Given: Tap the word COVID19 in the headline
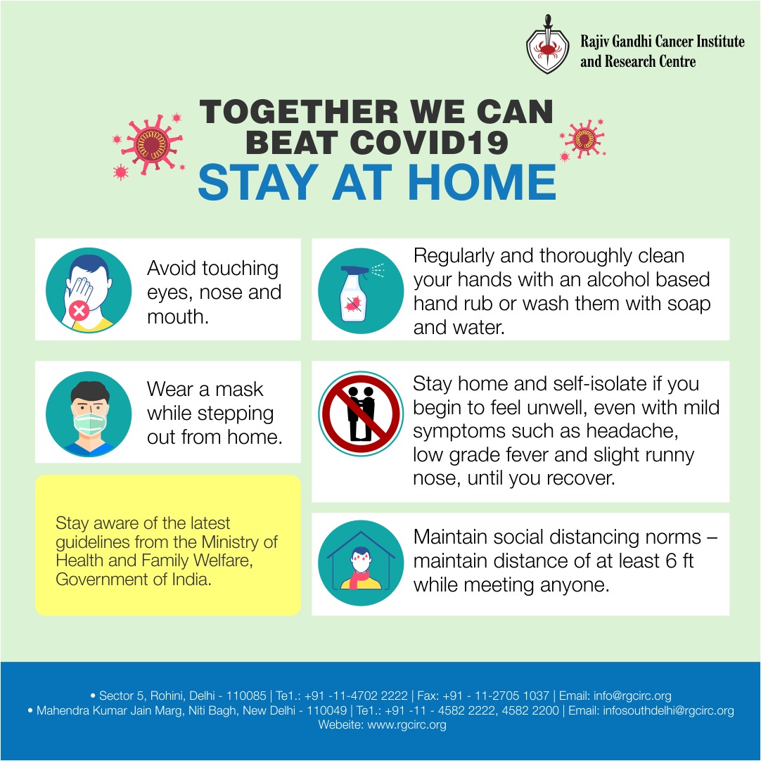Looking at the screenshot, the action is (x=428, y=143).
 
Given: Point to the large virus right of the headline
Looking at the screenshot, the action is (x=584, y=139).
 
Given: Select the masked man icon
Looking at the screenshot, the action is (x=89, y=414).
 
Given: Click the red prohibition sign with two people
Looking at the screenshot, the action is (x=361, y=414).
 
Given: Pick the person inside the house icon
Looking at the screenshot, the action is (x=361, y=568).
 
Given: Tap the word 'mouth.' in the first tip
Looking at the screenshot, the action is (x=178, y=316).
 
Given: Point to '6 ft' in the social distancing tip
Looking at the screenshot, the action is (x=679, y=561).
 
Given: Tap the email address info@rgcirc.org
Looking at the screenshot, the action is (x=632, y=696).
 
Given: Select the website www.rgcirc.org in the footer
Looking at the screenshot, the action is (x=407, y=724).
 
